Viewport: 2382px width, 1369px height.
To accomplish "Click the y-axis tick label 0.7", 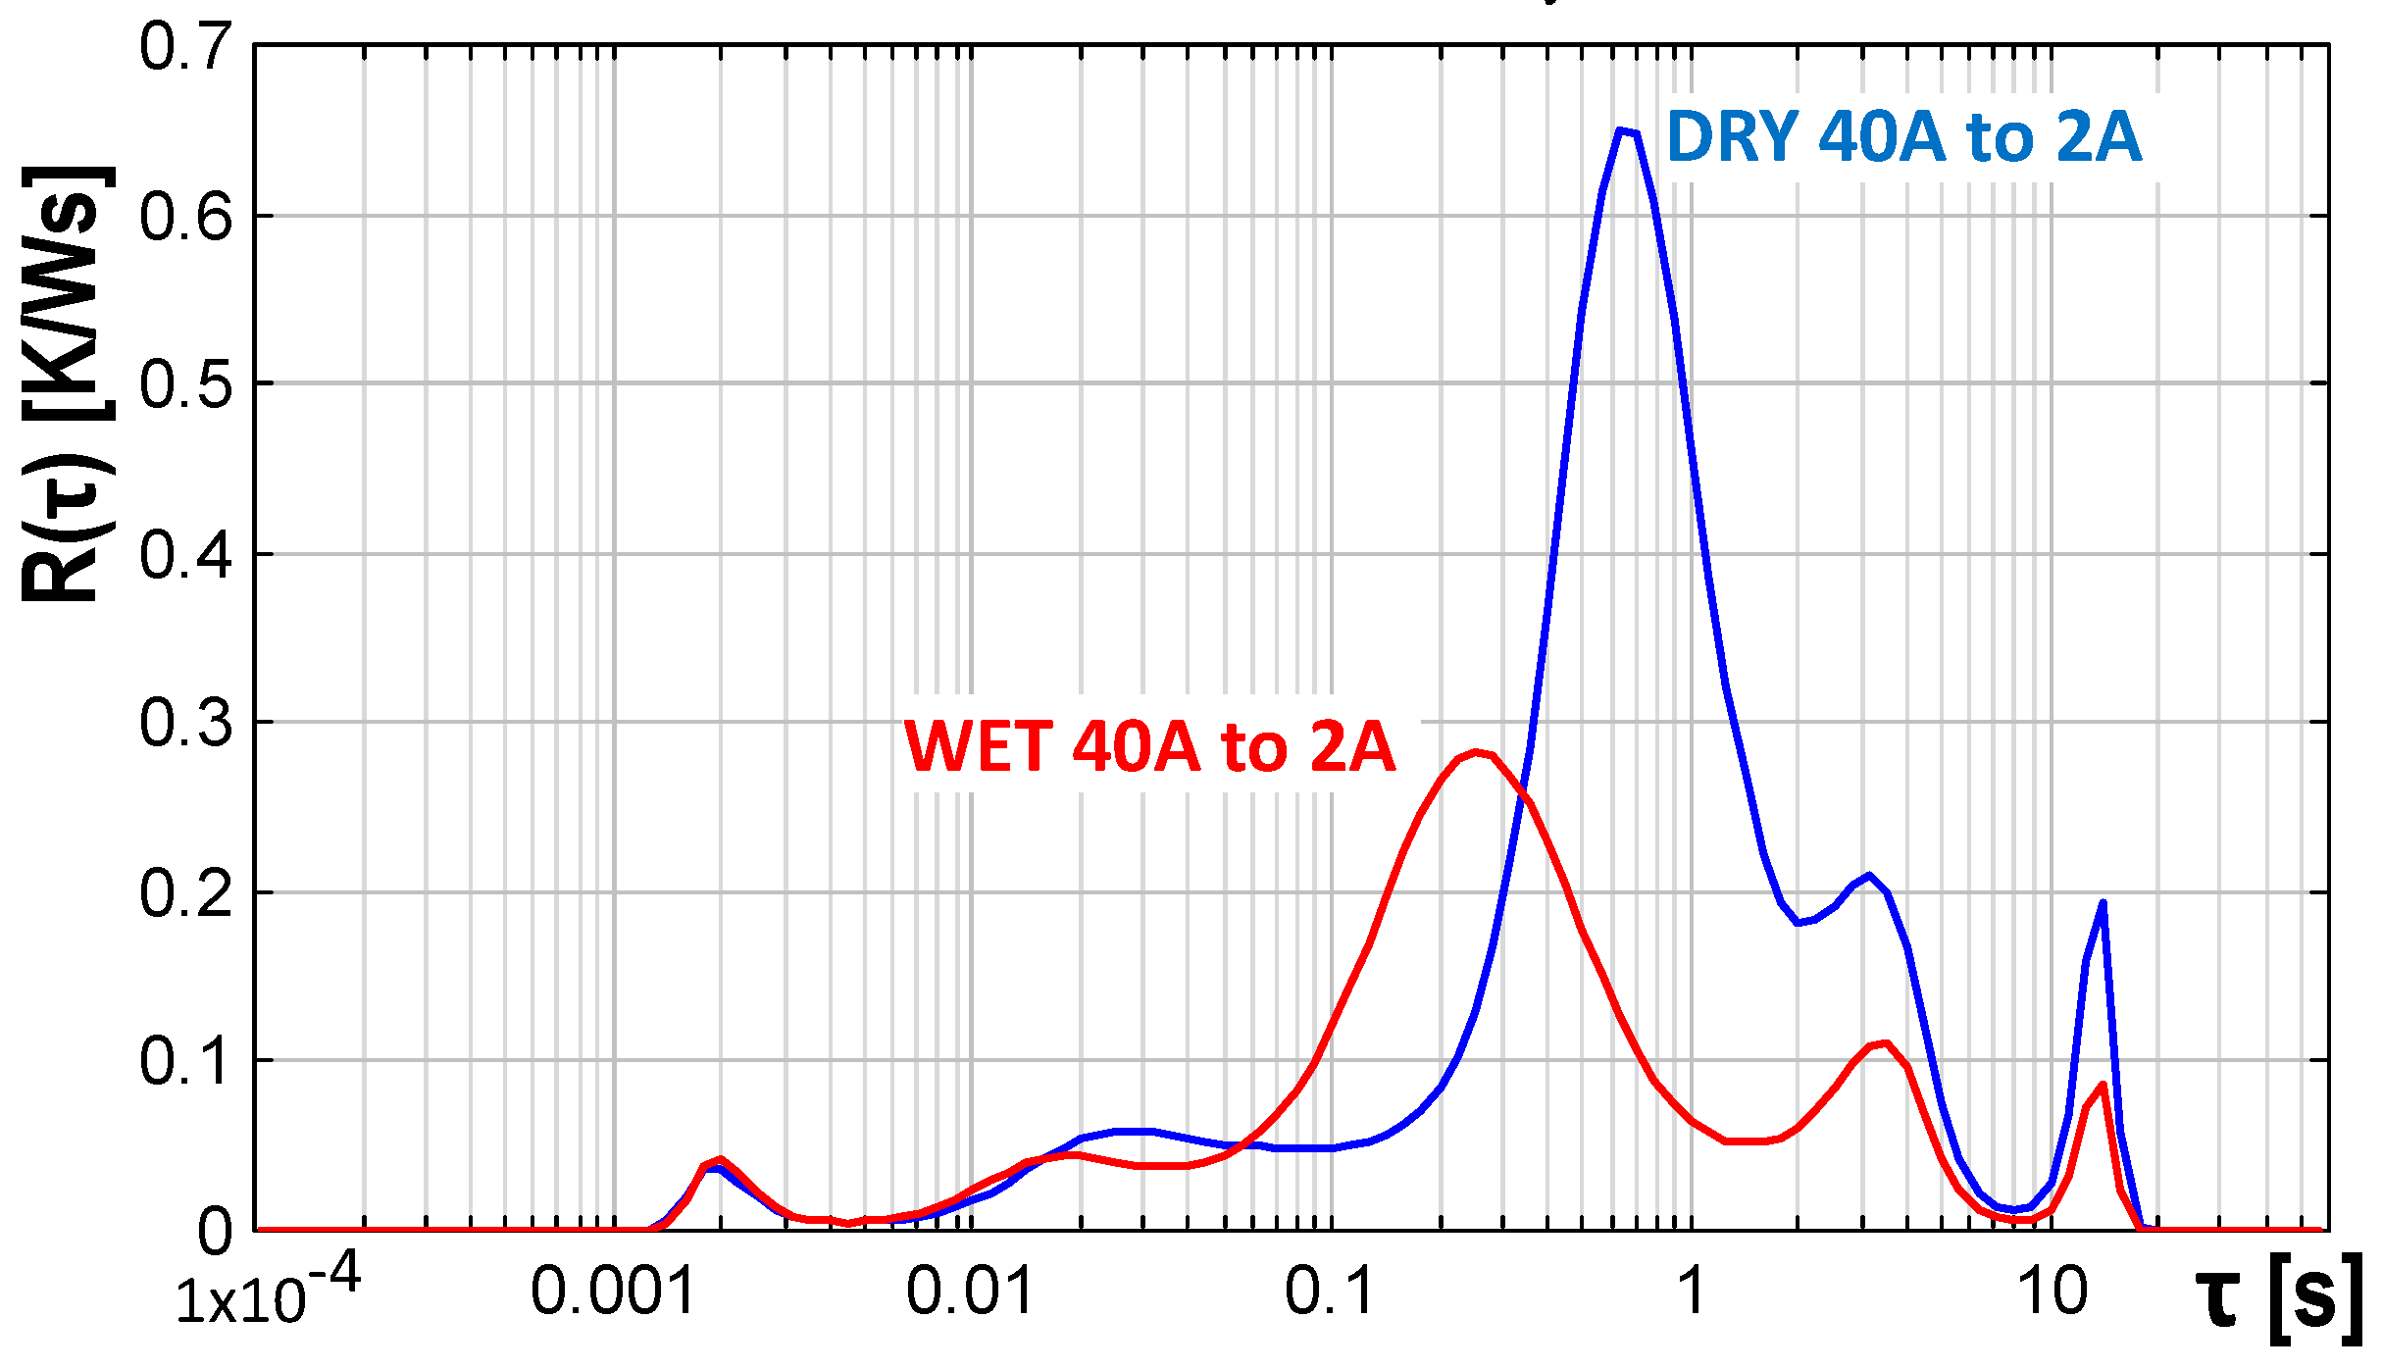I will (x=185, y=47).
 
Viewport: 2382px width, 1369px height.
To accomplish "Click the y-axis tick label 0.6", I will (x=185, y=217).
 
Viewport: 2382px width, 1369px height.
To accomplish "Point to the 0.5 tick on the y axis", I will (x=185, y=384).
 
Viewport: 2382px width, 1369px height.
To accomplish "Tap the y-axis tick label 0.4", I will (x=185, y=555).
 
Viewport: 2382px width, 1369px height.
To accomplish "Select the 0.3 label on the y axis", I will (x=185, y=723).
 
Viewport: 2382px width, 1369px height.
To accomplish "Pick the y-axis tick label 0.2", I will (x=185, y=893).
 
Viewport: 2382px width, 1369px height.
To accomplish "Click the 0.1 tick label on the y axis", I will (x=185, y=1061).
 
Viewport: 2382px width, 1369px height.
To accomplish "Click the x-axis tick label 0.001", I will (x=613, y=1292).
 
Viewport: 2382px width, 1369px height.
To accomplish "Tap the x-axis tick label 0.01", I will (x=970, y=1292).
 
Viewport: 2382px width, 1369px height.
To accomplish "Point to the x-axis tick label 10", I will (x=2052, y=1292).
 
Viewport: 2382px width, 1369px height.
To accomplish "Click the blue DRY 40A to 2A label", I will (x=1903, y=137).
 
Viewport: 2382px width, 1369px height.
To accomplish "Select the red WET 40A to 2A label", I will (x=1148, y=747).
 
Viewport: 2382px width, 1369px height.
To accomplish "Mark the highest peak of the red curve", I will (x=1476, y=753).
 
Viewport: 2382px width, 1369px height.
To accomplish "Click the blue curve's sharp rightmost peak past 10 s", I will (x=2103, y=903).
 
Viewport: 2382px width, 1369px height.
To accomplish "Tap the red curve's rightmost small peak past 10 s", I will (x=2103, y=1085).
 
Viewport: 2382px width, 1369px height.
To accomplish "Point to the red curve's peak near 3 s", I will (x=1886, y=1043).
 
